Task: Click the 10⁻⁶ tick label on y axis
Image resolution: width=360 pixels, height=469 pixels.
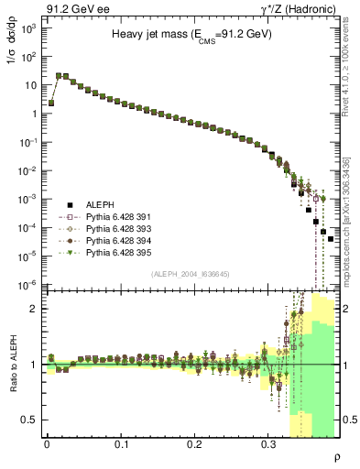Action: [28, 285]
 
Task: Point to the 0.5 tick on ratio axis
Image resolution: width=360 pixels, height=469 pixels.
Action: [30, 420]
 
